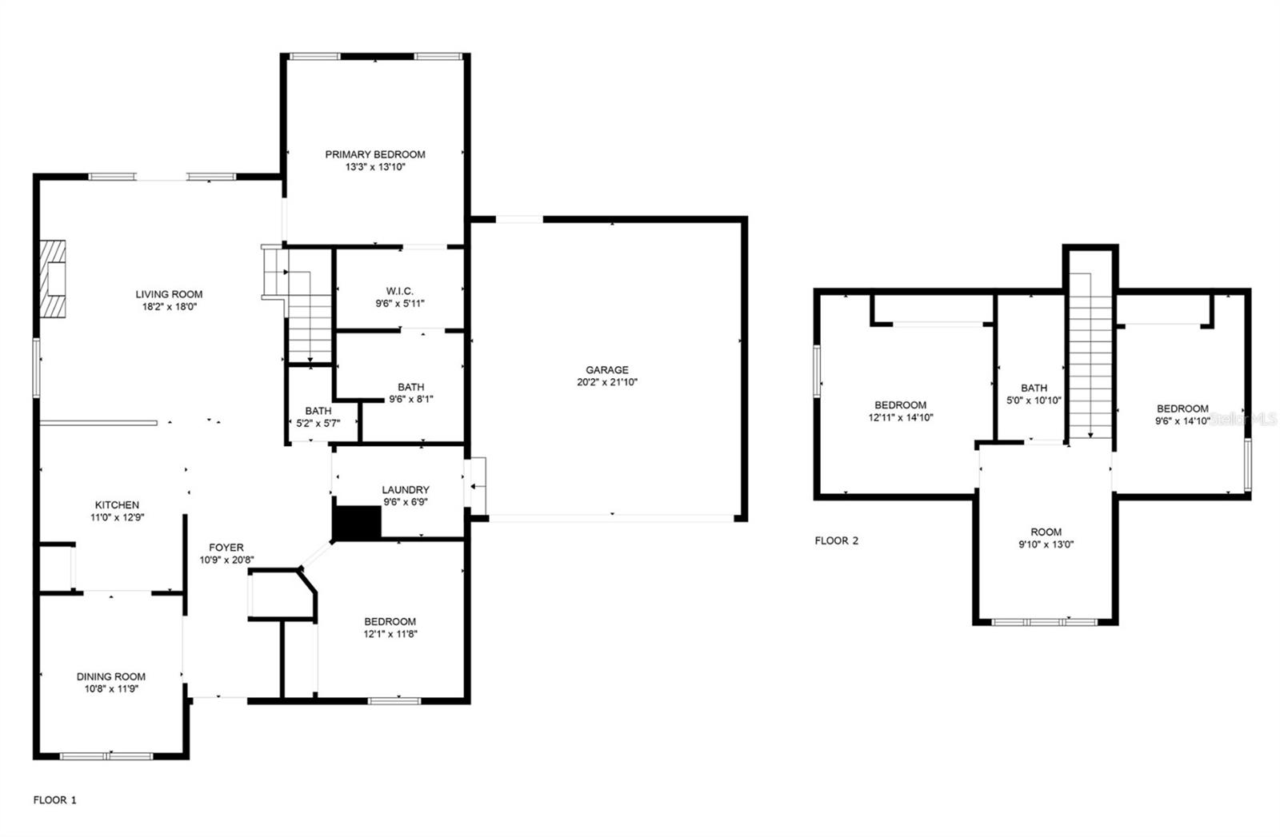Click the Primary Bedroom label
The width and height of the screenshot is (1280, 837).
[374, 154]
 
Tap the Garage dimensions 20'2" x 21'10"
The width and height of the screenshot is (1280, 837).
[607, 382]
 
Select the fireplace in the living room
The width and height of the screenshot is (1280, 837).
[54, 279]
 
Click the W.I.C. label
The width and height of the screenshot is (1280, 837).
[399, 291]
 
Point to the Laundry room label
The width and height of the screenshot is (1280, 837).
[406, 490]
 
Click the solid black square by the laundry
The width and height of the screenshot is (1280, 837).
[357, 523]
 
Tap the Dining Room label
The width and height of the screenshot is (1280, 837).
[111, 676]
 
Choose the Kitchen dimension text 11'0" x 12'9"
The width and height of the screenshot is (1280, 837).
[117, 517]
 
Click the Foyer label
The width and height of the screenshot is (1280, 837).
[226, 548]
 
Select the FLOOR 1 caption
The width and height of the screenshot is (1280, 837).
[54, 799]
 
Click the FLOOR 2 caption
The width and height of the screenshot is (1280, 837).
[836, 540]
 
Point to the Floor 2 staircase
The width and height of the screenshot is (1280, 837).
[1090, 356]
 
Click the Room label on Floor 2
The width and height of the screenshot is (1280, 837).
[1046, 532]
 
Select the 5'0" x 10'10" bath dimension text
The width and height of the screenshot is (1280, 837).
[1034, 401]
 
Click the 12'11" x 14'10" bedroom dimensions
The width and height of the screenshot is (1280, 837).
[900, 417]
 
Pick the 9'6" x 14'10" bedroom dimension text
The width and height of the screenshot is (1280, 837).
[1182, 420]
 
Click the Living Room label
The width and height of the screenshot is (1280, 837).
[169, 294]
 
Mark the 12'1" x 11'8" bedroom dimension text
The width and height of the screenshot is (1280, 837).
[390, 634]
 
